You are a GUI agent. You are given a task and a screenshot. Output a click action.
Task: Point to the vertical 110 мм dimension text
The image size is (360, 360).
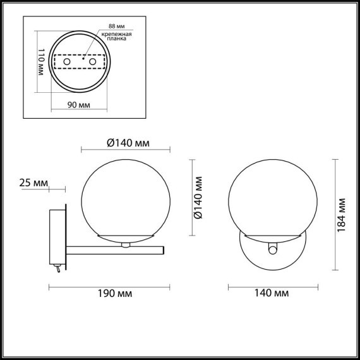coord(39,63)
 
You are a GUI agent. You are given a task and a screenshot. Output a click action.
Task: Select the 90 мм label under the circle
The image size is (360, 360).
coord(79,105)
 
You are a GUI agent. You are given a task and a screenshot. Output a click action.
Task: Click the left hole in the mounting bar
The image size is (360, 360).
coord(67,63)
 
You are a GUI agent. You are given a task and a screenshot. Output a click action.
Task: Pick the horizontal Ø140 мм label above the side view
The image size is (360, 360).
coord(128,143)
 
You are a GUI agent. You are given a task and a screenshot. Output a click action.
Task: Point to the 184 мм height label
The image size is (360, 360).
coord(341,213)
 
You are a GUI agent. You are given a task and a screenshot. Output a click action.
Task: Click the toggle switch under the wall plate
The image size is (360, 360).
coord(57,269)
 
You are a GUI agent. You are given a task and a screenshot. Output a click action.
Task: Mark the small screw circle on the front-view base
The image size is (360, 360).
coord(272,250)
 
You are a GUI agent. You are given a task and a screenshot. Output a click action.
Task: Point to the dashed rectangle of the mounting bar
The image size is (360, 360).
coord(80,63)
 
